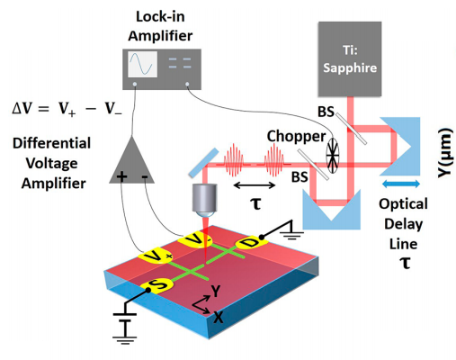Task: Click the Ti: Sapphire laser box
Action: tap(350, 58)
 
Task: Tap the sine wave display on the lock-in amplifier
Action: tap(142, 64)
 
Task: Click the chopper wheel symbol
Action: tap(333, 156)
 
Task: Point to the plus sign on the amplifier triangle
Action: tap(121, 176)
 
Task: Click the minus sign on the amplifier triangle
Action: tap(145, 176)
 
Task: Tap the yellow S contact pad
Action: tap(156, 286)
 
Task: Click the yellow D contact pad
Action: tap(251, 243)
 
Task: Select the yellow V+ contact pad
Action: tap(156, 256)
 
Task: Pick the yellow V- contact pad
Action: tap(195, 239)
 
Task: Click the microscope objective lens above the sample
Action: tap(204, 200)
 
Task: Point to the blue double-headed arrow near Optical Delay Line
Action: tap(401, 184)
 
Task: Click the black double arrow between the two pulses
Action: tap(255, 185)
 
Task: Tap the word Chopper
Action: tap(296, 137)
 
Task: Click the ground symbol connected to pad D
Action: tap(291, 229)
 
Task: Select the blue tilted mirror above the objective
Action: tap(204, 162)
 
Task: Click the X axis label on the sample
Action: tap(219, 317)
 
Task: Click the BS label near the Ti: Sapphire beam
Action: tap(326, 112)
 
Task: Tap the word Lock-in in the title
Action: tap(160, 16)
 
